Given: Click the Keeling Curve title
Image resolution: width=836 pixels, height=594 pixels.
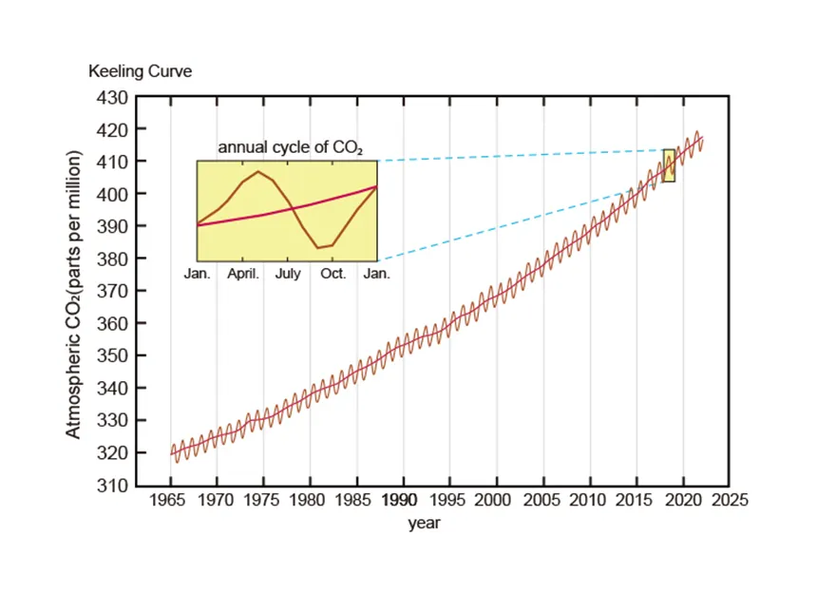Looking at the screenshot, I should [140, 71].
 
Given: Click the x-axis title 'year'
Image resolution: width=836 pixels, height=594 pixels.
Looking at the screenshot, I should [424, 523].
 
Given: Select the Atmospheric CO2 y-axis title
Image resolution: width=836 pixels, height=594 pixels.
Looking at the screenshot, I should [73, 295].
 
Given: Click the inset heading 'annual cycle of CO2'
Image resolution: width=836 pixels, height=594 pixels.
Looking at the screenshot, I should [291, 148].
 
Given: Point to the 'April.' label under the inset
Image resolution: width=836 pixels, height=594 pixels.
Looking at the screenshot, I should [242, 274].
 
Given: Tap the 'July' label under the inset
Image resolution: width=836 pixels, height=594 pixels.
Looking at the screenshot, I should [288, 274].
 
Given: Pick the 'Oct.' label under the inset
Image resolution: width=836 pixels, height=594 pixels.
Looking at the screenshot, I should [332, 274].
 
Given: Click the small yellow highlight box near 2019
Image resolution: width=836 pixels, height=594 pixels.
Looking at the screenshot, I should [669, 165].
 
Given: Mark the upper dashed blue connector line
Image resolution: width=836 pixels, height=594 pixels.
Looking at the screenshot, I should [522, 155].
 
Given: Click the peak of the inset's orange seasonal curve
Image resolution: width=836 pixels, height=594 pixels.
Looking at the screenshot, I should [257, 171].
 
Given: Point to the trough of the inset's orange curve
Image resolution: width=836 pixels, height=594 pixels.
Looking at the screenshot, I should [320, 247].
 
